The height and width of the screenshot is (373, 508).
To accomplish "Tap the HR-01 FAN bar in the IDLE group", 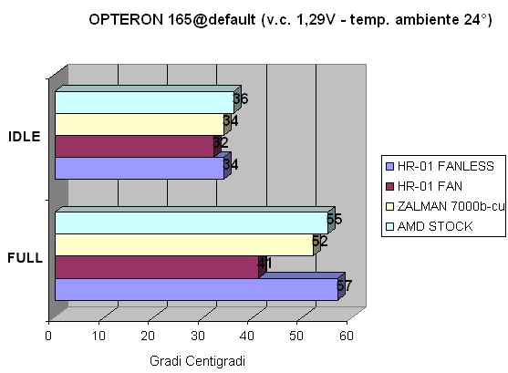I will (x=133, y=146).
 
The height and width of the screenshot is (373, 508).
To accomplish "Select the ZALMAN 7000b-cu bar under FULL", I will (x=182, y=244).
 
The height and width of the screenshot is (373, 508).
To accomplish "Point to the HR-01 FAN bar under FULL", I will (x=155, y=266).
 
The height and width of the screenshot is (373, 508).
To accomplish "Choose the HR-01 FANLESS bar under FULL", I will (x=195, y=288).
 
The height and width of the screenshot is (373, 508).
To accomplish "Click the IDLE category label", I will (x=23, y=137).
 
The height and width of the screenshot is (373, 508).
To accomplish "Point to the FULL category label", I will (x=25, y=258).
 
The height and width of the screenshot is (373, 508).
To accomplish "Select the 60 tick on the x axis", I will (x=347, y=336).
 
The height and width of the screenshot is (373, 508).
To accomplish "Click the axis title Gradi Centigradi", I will (x=196, y=361).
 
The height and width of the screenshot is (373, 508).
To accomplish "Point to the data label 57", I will (x=344, y=285).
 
